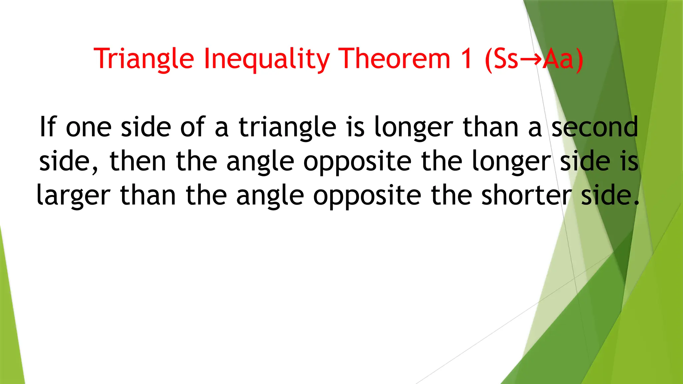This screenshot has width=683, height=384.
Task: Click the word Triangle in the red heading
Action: click(144, 59)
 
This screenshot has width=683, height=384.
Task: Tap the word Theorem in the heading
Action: click(394, 59)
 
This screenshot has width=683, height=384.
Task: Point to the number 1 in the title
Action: click(467, 59)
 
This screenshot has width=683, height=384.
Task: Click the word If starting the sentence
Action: click(48, 127)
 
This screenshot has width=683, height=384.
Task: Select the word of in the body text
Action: click(193, 127)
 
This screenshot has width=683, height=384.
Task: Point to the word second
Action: click(595, 127)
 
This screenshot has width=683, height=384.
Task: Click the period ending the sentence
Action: click(637, 203)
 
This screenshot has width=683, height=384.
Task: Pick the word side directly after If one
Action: click(146, 127)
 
